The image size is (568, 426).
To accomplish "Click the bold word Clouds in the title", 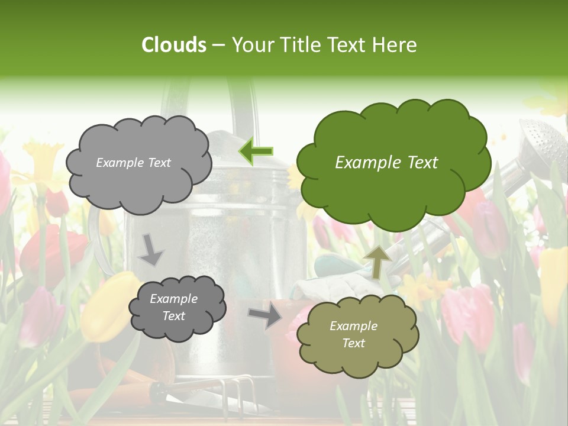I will click(174, 45).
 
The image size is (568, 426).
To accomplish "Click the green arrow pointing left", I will click(256, 151).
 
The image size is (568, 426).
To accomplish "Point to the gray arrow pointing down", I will click(150, 249).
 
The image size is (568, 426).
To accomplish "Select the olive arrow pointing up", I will click(377, 262).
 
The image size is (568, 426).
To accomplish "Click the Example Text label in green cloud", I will click(386, 163).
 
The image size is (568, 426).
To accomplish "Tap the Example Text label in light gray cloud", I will click(133, 163).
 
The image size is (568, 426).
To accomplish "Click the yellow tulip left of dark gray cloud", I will click(106, 308).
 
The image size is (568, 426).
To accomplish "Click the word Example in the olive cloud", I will click(353, 326).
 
